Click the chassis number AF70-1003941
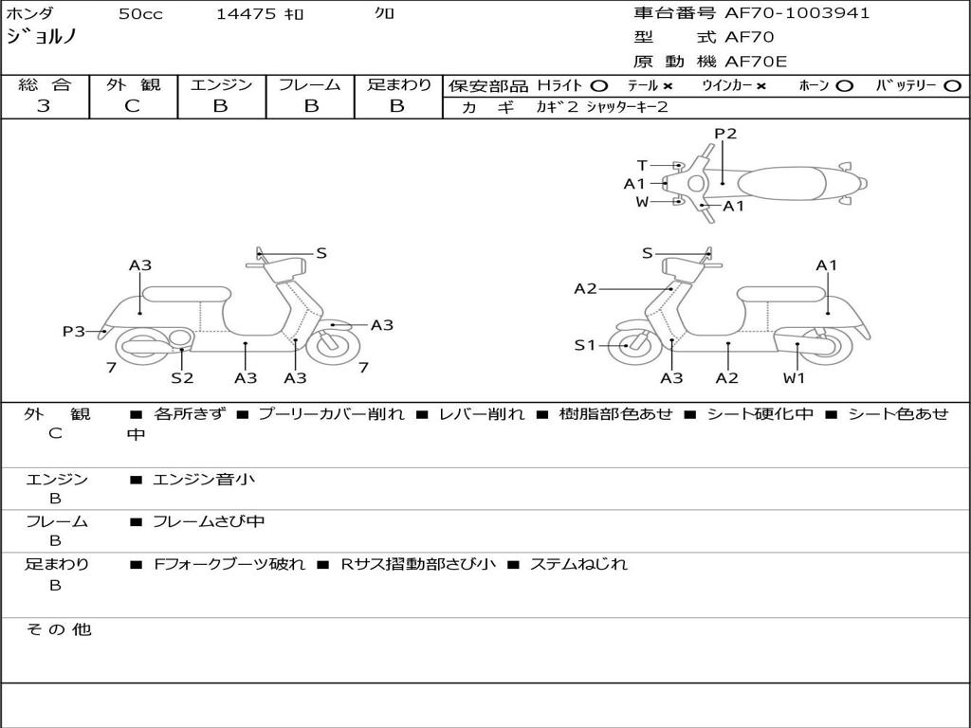tap(797, 13)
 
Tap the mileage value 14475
tap(246, 13)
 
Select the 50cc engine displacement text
tap(140, 13)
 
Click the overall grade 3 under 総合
tap(44, 106)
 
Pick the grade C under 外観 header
tap(133, 106)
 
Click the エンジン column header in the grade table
tap(221, 84)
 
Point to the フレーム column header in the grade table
tap(310, 84)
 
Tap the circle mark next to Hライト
tap(599, 86)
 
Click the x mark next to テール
tap(668, 86)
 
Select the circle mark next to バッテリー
tap(952, 86)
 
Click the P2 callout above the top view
tap(725, 134)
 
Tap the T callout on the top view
tap(642, 165)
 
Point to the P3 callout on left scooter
tap(74, 331)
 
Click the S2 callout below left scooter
tap(182, 377)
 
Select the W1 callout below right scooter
tap(794, 377)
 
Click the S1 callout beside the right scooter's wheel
tap(584, 345)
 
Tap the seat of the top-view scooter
tap(781, 184)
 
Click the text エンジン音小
tap(204, 479)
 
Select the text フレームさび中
tap(209, 522)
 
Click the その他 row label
tap(59, 629)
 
